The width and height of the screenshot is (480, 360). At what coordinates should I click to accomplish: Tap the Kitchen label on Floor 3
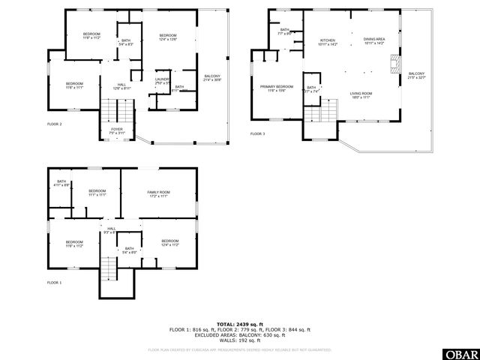pos(328,42)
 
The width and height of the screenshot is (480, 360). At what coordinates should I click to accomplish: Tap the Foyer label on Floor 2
pos(117,130)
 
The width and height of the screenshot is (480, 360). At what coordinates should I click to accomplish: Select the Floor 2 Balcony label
pos(212,77)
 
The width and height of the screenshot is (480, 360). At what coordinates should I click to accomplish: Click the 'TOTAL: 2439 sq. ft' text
pos(239,324)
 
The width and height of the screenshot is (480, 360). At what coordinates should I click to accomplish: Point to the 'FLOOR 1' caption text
pos(55,282)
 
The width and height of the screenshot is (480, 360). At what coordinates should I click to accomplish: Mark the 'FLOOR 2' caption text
pos(55,124)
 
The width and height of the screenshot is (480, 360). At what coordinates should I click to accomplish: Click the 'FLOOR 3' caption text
pos(257,134)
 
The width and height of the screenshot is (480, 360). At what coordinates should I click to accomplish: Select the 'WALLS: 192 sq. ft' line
pos(239,340)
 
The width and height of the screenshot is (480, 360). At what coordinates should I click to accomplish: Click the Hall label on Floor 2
pos(121,86)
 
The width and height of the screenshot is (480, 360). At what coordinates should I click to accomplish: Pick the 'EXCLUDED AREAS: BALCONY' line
pos(239,334)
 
